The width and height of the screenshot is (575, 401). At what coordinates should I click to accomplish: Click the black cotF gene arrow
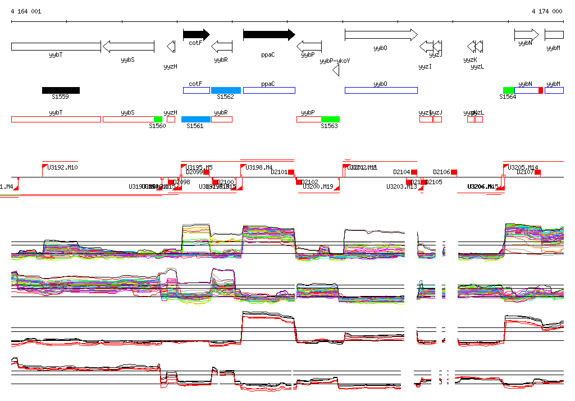pos(196,35)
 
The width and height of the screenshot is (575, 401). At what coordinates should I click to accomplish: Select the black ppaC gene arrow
pos(268,35)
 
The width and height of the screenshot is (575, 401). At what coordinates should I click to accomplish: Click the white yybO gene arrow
pos(381,35)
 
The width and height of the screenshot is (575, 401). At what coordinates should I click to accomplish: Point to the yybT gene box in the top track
pos(56,46)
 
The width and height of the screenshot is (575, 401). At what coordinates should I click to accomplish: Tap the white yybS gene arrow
pos(128,46)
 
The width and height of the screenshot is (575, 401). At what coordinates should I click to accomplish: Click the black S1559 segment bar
pos(61,90)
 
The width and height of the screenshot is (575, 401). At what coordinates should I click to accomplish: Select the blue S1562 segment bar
pos(226,90)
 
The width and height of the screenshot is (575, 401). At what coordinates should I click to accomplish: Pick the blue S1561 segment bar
pos(195,119)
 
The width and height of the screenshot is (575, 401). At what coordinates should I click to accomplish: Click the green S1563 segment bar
pos(330,119)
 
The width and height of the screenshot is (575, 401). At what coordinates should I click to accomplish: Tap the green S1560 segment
pos(158,119)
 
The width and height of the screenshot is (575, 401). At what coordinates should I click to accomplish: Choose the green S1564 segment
pos(508,90)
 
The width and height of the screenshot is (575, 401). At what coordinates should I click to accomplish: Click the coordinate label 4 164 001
pos(26,11)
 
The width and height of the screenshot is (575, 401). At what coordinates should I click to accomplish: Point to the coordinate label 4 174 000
pos(547,11)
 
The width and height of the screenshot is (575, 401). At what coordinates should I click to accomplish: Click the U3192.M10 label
pos(62,167)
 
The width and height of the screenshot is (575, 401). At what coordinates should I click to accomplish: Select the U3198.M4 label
pos(259,167)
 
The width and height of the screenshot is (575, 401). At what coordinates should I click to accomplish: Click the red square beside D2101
pos(292,172)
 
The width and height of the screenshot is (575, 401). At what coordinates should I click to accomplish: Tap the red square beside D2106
pos(454,172)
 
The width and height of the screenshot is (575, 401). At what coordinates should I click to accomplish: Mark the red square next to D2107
pos(537,172)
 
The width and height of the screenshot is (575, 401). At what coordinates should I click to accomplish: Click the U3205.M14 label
pos(523,167)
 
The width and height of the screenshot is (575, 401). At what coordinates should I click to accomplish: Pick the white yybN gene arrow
pos(526,35)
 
